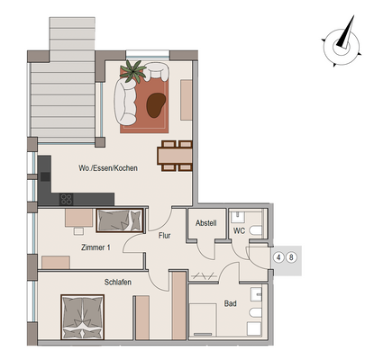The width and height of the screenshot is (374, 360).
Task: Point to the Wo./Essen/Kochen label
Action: click(x=107, y=167)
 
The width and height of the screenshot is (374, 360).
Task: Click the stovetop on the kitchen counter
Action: click(x=65, y=199)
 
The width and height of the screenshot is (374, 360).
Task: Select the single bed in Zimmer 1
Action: click(x=119, y=220)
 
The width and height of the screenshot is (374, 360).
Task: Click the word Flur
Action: click(x=164, y=236)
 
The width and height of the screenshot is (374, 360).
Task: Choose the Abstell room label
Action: click(x=205, y=224)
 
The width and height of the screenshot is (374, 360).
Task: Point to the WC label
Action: click(x=239, y=230)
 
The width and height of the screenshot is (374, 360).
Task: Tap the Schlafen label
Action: click(x=119, y=283)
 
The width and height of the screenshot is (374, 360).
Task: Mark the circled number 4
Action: click(x=279, y=258)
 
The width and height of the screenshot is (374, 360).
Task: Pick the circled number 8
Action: click(x=291, y=258)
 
